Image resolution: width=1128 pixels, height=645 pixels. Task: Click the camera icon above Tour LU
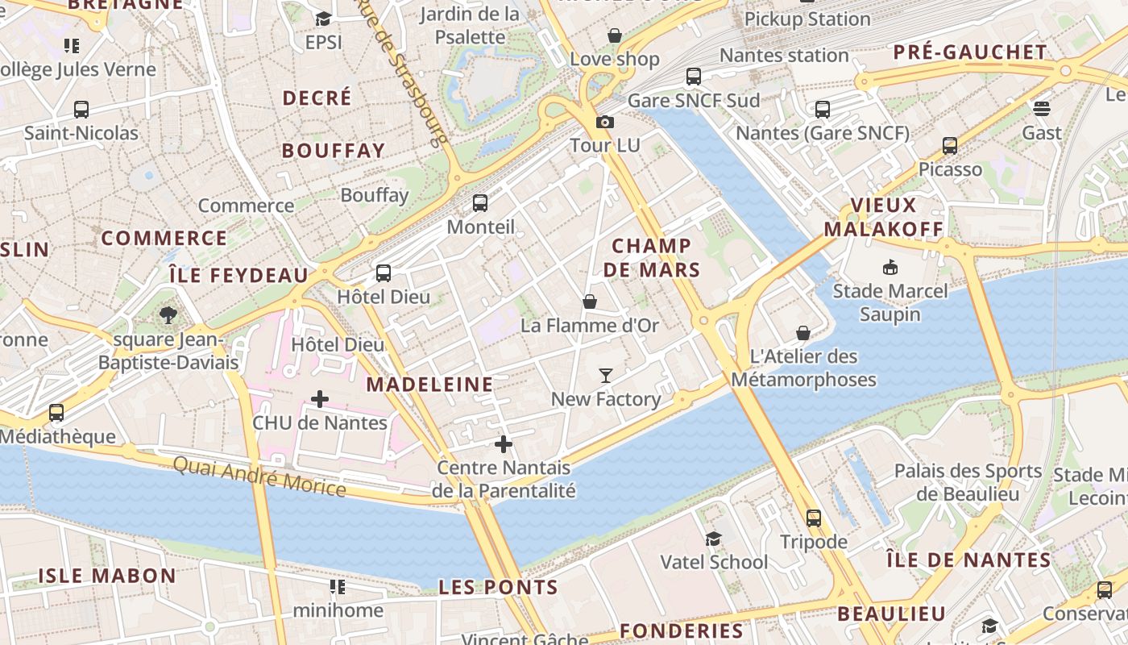604,123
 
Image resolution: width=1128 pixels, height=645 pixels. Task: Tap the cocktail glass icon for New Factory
606,375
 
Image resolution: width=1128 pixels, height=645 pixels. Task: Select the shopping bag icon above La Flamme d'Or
590,302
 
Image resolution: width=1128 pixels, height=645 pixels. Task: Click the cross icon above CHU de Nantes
320,398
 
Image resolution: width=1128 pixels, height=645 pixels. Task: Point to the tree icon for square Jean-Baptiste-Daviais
168,315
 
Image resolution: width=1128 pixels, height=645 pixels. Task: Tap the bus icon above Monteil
480,203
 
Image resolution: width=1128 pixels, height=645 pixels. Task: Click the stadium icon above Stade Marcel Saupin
890,267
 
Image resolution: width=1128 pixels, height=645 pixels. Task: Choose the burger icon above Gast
1042,108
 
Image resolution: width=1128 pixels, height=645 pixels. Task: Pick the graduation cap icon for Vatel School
713,539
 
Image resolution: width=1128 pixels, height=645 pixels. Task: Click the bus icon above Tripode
814,518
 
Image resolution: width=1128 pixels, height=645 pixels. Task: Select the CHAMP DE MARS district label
652,258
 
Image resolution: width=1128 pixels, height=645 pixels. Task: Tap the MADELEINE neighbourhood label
429,385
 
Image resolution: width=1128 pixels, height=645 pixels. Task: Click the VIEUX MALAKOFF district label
883,217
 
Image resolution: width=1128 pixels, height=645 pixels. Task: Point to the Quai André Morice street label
259,476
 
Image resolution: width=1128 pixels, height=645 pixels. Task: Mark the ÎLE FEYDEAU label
239,276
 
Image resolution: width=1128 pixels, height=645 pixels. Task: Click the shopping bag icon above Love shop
615,35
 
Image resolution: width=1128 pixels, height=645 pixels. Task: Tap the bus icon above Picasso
950,146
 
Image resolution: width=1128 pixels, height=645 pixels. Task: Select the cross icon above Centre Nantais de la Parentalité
504,444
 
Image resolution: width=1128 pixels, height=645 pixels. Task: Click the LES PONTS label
499,587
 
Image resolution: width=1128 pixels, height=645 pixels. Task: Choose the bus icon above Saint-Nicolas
81,110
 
